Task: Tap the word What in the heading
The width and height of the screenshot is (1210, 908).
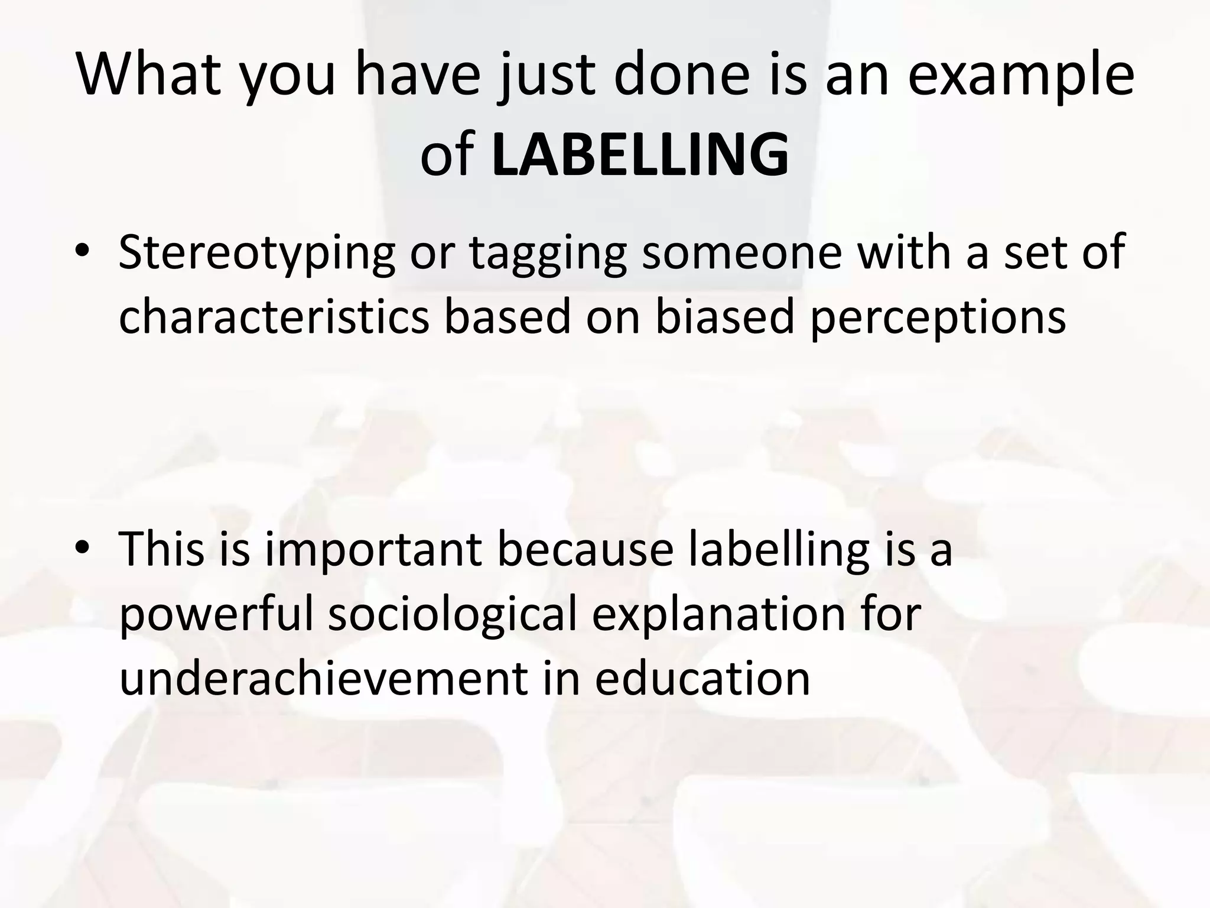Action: [x=148, y=75]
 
